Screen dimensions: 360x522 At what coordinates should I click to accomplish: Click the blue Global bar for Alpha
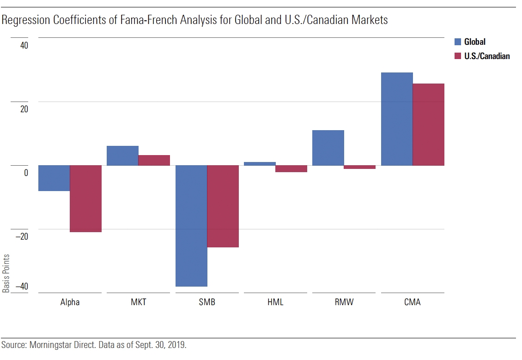coord(54,178)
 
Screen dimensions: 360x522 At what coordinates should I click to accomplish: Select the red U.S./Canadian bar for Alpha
coord(86,198)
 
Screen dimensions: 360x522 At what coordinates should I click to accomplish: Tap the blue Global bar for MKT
coord(122,156)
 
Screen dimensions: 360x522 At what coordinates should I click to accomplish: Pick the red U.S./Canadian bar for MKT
coord(154,160)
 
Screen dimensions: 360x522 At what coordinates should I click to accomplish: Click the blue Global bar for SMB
coord(191,226)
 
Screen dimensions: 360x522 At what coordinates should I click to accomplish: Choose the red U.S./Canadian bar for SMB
coord(223,206)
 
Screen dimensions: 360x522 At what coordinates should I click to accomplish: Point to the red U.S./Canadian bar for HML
coord(291,168)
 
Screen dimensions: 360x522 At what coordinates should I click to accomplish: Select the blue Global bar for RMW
coord(328,148)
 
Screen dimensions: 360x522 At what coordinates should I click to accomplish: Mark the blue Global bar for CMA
coord(397,119)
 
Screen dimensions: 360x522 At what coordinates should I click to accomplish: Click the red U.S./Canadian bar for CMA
coord(429,125)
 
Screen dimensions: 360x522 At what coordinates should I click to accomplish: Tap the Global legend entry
coord(474,42)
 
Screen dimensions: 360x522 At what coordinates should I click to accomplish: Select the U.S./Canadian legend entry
coord(487,56)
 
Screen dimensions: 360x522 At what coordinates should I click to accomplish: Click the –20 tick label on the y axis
coord(21,236)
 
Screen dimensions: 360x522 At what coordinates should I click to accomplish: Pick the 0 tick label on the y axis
coord(26,173)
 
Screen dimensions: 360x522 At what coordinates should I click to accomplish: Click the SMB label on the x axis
coord(207,303)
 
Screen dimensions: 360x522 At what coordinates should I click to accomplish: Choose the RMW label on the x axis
coord(344,303)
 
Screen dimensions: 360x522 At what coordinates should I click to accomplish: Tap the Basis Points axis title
coord(6,273)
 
